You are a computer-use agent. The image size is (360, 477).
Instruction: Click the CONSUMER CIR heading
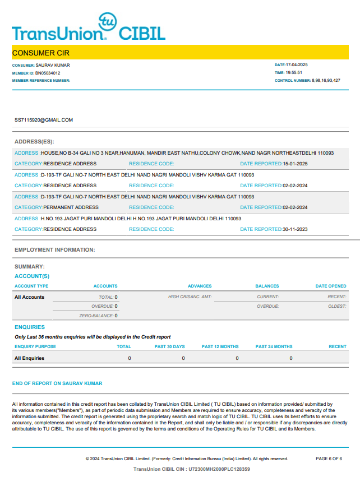coord(41,53)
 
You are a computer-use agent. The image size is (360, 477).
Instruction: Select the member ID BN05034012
coord(48,73)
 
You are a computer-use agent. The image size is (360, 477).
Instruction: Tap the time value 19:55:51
coord(294,73)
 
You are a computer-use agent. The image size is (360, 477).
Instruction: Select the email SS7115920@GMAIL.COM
coord(44,120)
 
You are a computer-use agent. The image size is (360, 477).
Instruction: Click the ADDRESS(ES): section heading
coord(34,142)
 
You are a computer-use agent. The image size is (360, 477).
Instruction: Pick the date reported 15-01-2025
coord(295,164)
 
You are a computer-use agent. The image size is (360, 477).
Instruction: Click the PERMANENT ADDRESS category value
coord(71,207)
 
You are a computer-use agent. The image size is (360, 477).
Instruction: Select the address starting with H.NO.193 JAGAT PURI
coord(141,219)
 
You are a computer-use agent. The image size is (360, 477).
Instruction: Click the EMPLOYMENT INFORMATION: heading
coord(55,249)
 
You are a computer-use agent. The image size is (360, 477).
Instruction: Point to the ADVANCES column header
coord(200,286)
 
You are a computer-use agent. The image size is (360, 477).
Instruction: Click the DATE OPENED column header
coord(331,286)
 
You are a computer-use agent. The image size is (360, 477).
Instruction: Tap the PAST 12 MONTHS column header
coord(220,346)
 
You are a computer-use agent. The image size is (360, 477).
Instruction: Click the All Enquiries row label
coord(29,358)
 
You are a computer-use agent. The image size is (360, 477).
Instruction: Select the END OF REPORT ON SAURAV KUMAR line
coord(57,383)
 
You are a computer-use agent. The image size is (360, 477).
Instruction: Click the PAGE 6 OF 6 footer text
coord(329,459)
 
